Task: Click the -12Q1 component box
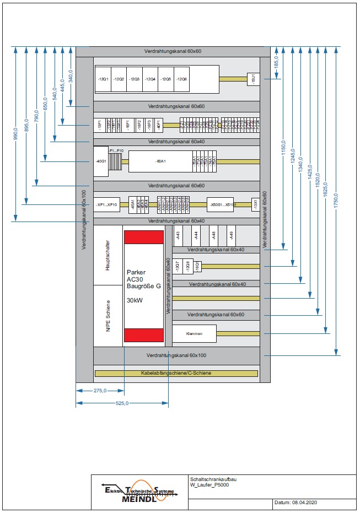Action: coord(103,79)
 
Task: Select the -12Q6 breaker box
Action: coord(181,79)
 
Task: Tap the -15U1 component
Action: coord(254,79)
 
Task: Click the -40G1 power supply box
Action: coord(101,161)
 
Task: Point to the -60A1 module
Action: coord(160,161)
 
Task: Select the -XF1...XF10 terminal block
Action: coord(106,204)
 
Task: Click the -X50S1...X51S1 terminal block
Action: coord(223,204)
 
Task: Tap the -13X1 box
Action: coord(255,204)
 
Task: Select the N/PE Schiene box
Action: coord(108,315)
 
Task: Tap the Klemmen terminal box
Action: coord(195,334)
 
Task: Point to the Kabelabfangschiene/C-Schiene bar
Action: coord(176,374)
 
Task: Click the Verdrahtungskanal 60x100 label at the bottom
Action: coord(176,356)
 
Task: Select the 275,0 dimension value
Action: coord(100,391)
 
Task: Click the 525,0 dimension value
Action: coord(122,403)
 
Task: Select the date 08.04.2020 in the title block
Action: coord(303,503)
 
